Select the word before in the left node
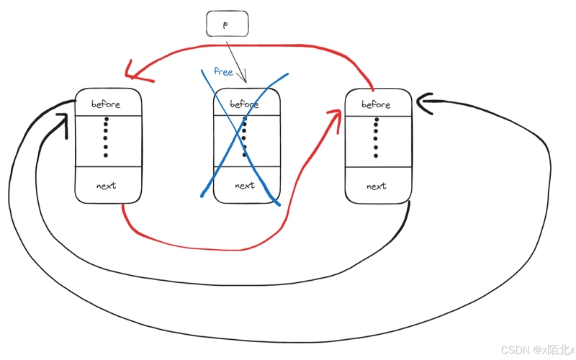(x=106, y=104)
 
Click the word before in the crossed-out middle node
(x=244, y=104)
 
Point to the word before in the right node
(x=376, y=104)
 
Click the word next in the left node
(x=106, y=186)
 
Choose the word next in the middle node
(x=245, y=185)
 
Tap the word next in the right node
(x=376, y=186)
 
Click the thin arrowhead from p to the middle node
(x=244, y=79)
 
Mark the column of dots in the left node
(x=105, y=137)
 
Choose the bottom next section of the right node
(x=377, y=185)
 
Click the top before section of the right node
(x=377, y=103)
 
